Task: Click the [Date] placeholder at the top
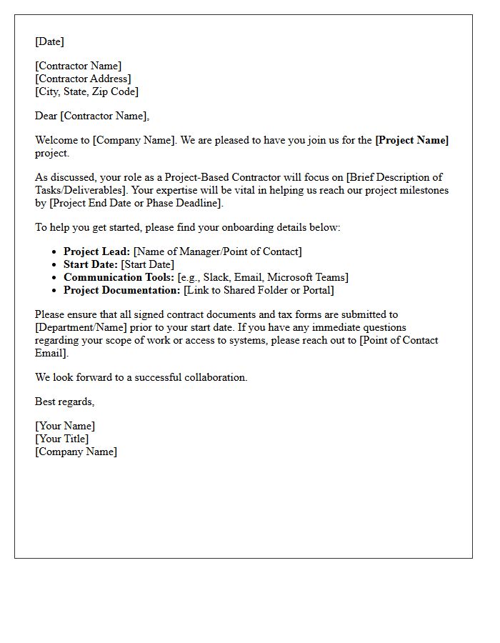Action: (49, 41)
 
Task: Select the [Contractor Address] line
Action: (83, 79)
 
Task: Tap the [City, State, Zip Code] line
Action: (86, 91)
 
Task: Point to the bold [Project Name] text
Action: (411, 140)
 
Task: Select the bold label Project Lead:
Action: (96, 251)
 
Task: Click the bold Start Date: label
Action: (91, 264)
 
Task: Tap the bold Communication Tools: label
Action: (119, 277)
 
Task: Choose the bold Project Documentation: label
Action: (121, 290)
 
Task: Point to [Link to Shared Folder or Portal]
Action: (259, 290)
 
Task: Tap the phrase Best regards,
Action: (64, 402)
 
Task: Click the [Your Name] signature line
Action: (64, 426)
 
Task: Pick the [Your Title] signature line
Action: (62, 439)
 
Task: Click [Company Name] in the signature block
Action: (76, 452)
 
